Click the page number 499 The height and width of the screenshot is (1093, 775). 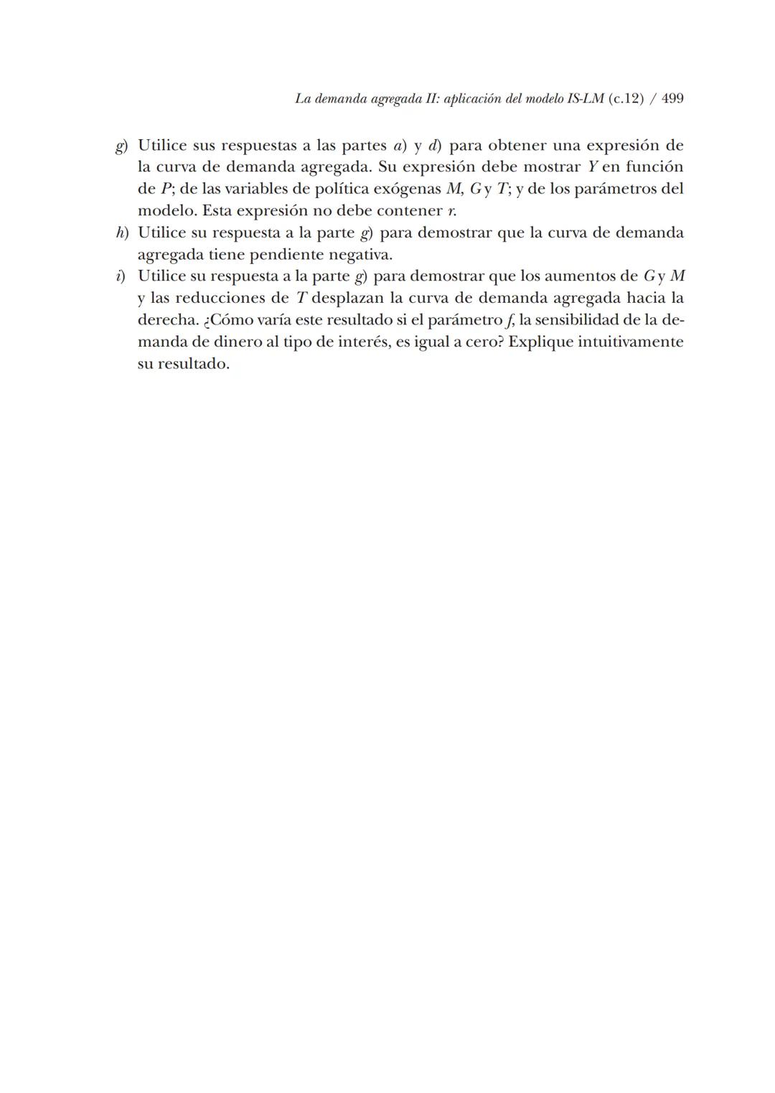pos(672,98)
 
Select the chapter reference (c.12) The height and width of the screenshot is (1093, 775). pos(626,98)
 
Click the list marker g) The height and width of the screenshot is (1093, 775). pos(121,146)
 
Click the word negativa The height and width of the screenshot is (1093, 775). pos(360,255)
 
